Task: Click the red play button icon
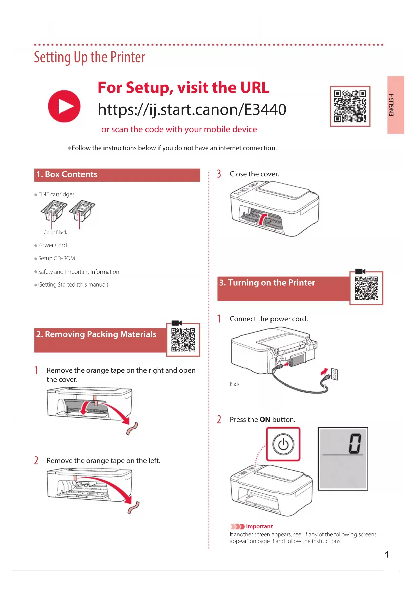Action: pyautogui.click(x=64, y=106)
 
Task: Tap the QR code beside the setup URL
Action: pyautogui.click(x=350, y=106)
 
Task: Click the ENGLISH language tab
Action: pyautogui.click(x=395, y=105)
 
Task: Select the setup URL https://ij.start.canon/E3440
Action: pyautogui.click(x=192, y=109)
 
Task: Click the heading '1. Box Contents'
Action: pyautogui.click(x=67, y=174)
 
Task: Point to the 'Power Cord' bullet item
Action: pyautogui.click(x=52, y=245)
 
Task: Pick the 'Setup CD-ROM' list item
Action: pyautogui.click(x=56, y=258)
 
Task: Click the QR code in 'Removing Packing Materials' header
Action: pyautogui.click(x=183, y=339)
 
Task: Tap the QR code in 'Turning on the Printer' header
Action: pyautogui.click(x=366, y=288)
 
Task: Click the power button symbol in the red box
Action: pyautogui.click(x=283, y=444)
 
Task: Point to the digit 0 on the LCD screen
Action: pyautogui.click(x=355, y=443)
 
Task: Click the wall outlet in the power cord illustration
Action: pyautogui.click(x=334, y=374)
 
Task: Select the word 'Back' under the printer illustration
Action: pyautogui.click(x=235, y=384)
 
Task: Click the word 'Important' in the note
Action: pyautogui.click(x=259, y=526)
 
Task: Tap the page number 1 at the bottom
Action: pyautogui.click(x=387, y=554)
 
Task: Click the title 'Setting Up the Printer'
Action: pyautogui.click(x=89, y=57)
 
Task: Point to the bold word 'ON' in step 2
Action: pyautogui.click(x=265, y=420)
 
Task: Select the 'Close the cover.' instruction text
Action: pyautogui.click(x=254, y=174)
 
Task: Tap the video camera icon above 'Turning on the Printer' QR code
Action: pyautogui.click(x=360, y=271)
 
